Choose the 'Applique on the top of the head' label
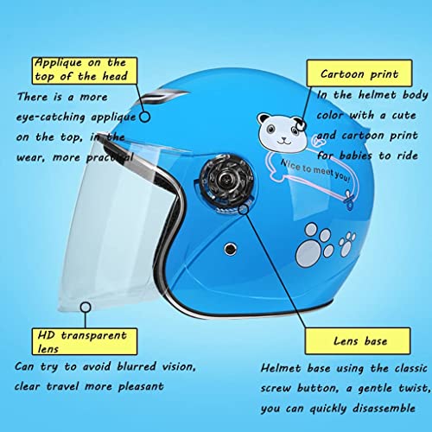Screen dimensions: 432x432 point(79,69)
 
